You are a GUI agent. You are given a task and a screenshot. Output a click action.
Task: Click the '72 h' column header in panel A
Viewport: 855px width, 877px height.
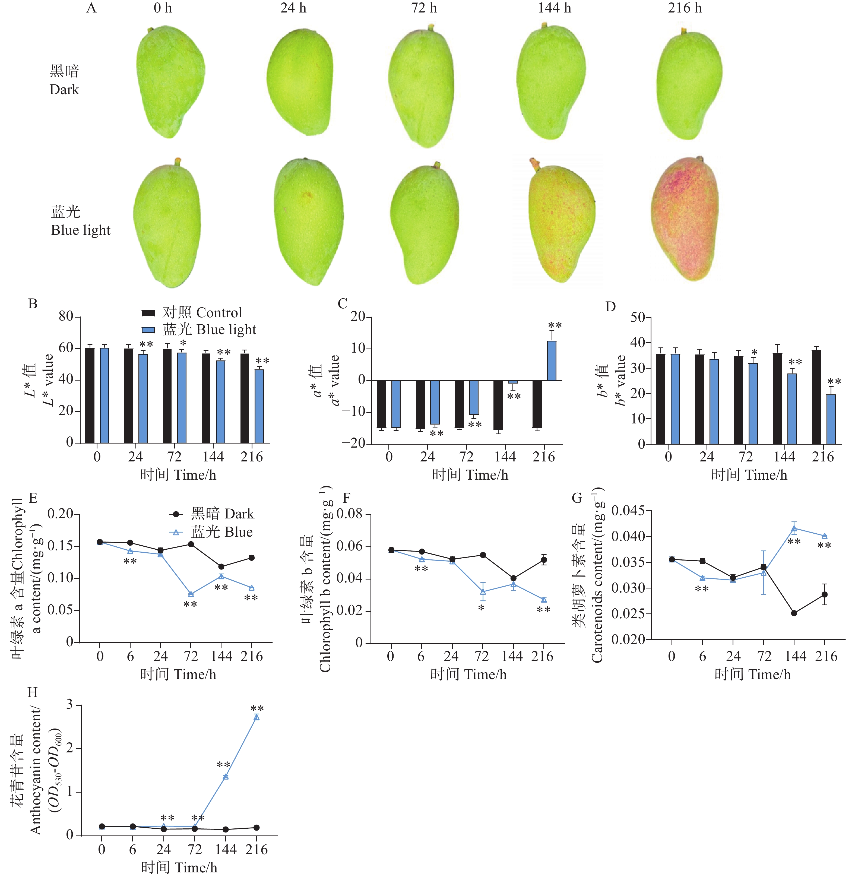pos(424,8)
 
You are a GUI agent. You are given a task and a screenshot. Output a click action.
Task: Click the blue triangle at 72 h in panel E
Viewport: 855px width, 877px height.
pos(191,594)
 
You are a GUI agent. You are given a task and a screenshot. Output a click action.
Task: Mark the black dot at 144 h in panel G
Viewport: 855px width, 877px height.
pos(794,613)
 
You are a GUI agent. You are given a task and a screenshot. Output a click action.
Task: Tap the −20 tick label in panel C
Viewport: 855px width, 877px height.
pos(353,443)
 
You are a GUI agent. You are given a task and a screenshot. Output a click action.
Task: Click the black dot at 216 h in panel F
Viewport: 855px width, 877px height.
pos(544,560)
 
